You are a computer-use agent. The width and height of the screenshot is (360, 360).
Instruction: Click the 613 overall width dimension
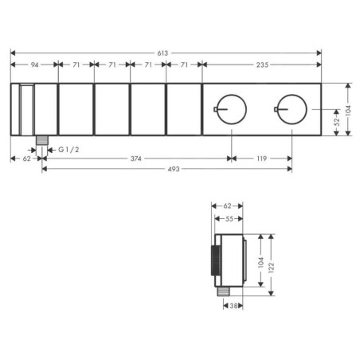(162, 53)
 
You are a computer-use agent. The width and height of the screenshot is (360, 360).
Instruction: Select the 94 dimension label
(34, 65)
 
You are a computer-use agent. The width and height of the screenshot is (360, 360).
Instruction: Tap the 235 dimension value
(262, 65)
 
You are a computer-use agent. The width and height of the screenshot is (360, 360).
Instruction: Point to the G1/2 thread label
(68, 150)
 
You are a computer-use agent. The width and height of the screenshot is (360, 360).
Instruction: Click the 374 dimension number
(135, 158)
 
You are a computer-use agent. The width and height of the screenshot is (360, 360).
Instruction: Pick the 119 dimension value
(261, 158)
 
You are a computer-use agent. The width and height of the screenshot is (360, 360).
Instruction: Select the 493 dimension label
(174, 169)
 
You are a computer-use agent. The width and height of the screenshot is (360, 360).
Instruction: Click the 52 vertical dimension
(336, 122)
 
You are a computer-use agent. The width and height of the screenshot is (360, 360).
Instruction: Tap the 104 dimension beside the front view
(348, 110)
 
